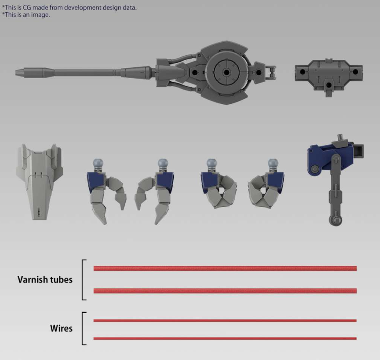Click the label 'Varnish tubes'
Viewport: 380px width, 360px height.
click(45, 280)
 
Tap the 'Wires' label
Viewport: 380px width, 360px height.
click(62, 328)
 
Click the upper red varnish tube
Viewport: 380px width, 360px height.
click(225, 268)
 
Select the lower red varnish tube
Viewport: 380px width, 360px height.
click(225, 291)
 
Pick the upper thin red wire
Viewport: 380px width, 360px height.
click(225, 321)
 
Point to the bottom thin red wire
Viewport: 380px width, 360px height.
click(225, 338)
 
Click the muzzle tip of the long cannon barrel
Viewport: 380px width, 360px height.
click(16, 72)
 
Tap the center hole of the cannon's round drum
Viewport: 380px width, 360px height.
click(226, 72)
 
